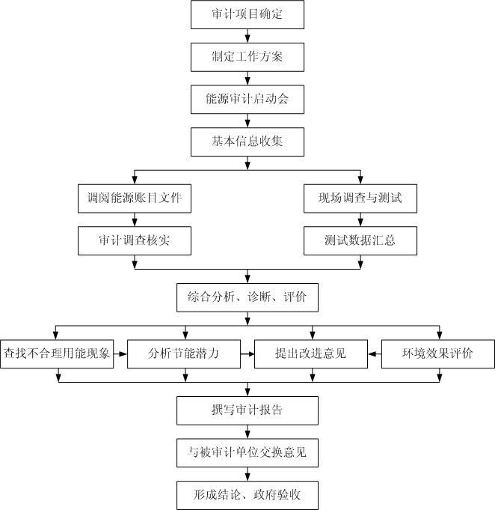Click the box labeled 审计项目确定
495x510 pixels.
click(x=247, y=15)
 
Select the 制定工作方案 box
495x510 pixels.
click(x=247, y=55)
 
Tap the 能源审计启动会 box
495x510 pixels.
click(x=247, y=98)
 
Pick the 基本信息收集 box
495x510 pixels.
click(x=247, y=141)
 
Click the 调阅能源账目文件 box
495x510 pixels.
click(x=135, y=198)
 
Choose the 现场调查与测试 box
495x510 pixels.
click(x=360, y=198)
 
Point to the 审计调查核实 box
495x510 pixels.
click(x=135, y=241)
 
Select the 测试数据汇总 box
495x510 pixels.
click(x=360, y=241)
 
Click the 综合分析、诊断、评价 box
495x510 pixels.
click(x=247, y=297)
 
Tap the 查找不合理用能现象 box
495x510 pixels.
click(x=57, y=353)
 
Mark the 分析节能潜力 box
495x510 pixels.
click(x=183, y=353)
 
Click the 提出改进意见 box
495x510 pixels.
click(x=310, y=353)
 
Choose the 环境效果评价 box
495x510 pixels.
click(x=437, y=353)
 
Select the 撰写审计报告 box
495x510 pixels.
click(x=247, y=410)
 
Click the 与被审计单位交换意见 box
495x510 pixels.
click(x=247, y=452)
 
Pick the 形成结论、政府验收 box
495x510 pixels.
click(x=247, y=495)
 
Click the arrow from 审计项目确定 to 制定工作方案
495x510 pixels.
click(x=247, y=35)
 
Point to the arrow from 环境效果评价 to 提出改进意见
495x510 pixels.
click(x=374, y=353)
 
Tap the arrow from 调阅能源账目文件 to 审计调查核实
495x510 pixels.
click(x=135, y=220)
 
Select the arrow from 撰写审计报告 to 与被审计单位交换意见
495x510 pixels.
click(x=247, y=431)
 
